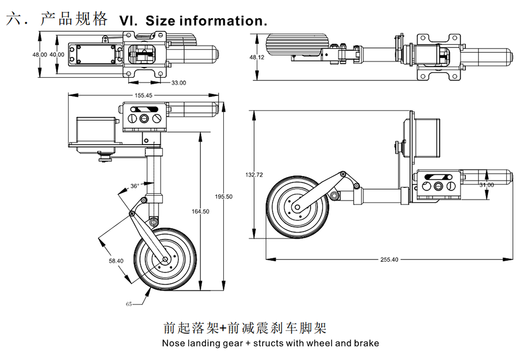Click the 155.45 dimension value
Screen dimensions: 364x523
[143, 96]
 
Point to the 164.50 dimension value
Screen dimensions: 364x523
[200, 212]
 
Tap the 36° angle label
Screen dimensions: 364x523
[135, 186]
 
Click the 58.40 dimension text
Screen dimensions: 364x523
[116, 261]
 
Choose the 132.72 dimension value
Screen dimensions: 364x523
[254, 175]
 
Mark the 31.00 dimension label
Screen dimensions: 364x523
[486, 185]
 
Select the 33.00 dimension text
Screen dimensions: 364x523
[179, 83]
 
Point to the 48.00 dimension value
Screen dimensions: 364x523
[40, 54]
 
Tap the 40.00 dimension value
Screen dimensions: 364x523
[58, 54]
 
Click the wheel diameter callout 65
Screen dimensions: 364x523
[129, 304]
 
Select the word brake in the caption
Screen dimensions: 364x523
[366, 343]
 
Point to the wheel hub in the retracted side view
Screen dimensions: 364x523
[297, 207]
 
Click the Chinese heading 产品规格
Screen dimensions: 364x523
[74, 19]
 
